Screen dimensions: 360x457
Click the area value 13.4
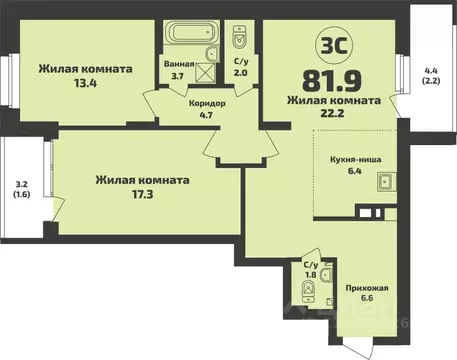click(86, 84)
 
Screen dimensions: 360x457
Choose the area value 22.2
click(333, 116)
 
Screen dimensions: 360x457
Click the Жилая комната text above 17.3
click(142, 180)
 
